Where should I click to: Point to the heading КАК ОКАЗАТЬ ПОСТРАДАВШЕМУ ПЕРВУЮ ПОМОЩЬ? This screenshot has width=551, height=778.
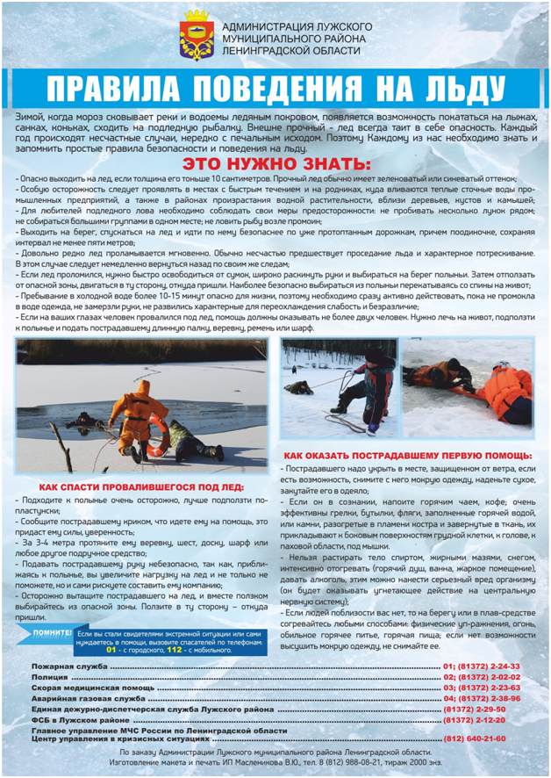click(408, 457)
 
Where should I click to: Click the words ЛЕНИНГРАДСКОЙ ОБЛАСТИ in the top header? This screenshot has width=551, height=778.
click(292, 52)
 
